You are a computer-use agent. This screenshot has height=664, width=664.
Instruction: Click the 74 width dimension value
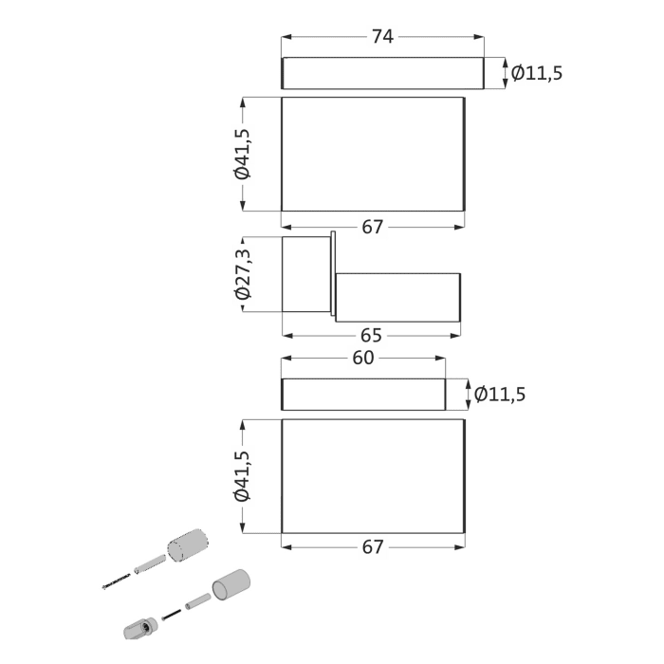click(x=382, y=37)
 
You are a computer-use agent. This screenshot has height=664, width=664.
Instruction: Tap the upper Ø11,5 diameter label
click(x=537, y=72)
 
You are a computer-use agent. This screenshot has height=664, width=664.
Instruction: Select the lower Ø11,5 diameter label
click(x=499, y=394)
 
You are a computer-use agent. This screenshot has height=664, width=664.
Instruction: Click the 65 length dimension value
click(x=372, y=335)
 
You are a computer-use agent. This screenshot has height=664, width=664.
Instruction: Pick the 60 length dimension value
click(x=363, y=358)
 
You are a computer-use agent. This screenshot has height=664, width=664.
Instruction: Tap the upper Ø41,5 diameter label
click(x=244, y=154)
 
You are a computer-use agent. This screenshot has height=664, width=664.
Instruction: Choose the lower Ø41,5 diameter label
click(x=244, y=476)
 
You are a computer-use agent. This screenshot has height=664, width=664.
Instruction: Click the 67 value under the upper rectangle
click(x=373, y=227)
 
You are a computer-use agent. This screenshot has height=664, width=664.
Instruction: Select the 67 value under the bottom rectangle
click(x=373, y=547)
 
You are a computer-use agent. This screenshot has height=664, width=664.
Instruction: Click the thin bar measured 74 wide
click(x=382, y=73)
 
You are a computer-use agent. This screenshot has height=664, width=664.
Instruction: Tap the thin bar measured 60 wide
click(x=363, y=394)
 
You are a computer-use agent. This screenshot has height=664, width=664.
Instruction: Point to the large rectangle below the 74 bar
click(x=373, y=154)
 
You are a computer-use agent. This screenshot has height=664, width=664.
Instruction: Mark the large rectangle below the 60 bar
click(x=373, y=476)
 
